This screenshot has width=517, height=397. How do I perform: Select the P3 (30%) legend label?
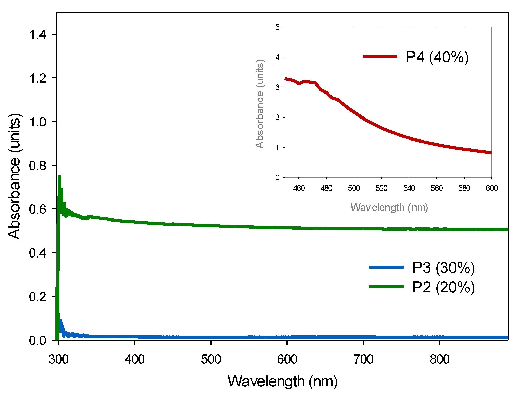click(x=443, y=268)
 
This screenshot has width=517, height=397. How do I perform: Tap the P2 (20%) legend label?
click(x=443, y=287)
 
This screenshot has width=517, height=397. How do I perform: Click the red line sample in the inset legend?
click(x=380, y=56)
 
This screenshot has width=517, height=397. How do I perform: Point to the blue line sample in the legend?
click(x=386, y=267)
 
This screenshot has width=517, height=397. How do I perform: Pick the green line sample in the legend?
click(x=386, y=287)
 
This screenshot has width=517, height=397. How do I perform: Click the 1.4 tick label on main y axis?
click(x=38, y=34)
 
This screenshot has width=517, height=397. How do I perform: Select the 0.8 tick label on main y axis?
click(x=38, y=166)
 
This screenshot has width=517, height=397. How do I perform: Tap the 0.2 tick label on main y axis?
click(x=38, y=297)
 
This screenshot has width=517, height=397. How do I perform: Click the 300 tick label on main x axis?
click(x=58, y=359)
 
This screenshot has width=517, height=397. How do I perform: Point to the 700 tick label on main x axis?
click(x=363, y=359)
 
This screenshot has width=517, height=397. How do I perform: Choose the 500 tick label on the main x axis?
click(x=211, y=359)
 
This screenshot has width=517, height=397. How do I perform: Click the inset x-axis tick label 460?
click(x=299, y=188)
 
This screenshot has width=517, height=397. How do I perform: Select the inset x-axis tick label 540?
click(x=409, y=188)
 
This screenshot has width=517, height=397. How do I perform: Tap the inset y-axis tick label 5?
click(x=277, y=27)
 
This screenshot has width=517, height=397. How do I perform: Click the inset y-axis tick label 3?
click(x=277, y=87)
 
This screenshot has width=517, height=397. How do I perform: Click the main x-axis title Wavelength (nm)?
click(x=282, y=381)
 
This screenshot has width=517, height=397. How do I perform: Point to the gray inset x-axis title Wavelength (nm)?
click(x=389, y=207)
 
